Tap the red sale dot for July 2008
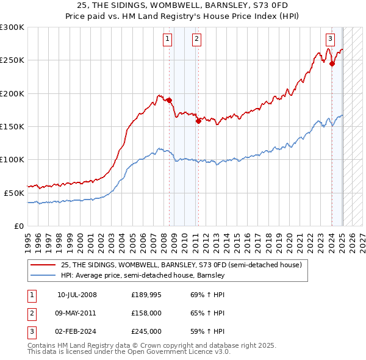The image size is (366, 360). coord(169,100)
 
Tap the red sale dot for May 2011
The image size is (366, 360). coord(198,121)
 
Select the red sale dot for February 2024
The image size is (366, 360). coord(332,63)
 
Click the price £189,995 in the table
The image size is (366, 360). coord(146,295)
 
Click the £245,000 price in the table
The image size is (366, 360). coord(146,331)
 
